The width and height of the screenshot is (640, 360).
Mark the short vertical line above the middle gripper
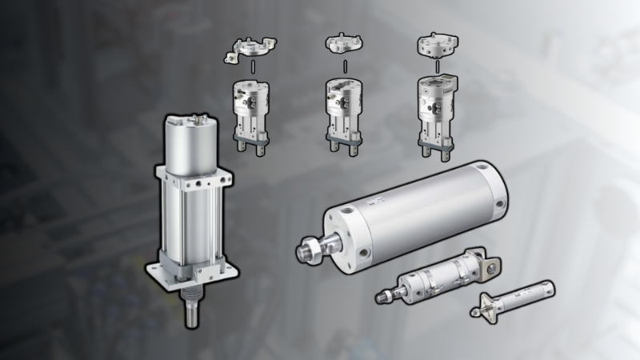[x=345, y=66]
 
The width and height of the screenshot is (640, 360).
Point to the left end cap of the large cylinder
[x=345, y=232]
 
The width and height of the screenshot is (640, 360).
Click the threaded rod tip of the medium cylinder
[x=382, y=298]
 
